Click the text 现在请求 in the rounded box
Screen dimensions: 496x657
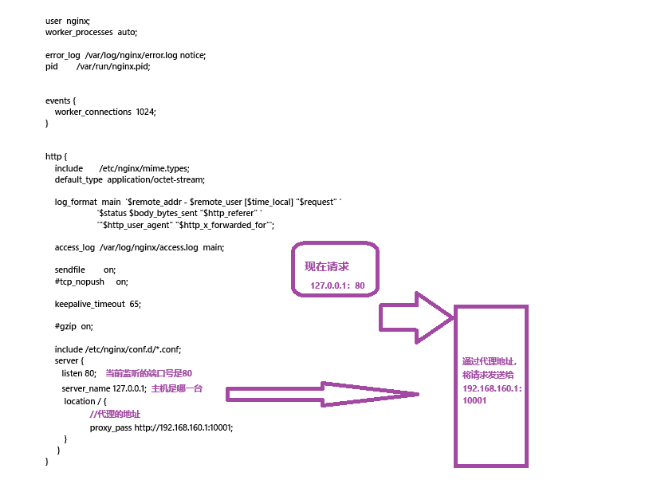point(327,266)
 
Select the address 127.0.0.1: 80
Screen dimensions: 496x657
point(337,285)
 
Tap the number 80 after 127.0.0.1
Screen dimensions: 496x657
point(360,285)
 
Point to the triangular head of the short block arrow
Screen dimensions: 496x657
point(435,317)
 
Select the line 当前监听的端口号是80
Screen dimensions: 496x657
point(149,373)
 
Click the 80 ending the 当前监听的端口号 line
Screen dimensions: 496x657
point(187,373)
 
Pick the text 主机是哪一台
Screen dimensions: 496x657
point(177,389)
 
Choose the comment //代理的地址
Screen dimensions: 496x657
point(116,415)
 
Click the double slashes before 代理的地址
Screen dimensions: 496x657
point(93,415)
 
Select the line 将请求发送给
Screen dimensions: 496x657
point(488,375)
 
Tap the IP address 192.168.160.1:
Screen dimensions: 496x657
point(492,388)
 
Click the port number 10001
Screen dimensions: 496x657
point(474,400)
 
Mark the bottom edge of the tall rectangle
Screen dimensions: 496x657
point(491,465)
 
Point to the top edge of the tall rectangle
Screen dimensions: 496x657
point(491,306)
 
